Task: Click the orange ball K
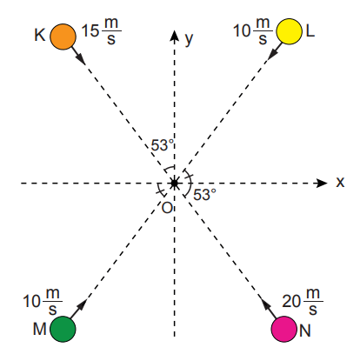pyautogui.click(x=63, y=37)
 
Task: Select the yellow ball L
pyautogui.click(x=289, y=31)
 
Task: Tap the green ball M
pyautogui.click(x=63, y=329)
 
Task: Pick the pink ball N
pyautogui.click(x=284, y=329)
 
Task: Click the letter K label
pyautogui.click(x=40, y=35)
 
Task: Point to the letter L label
pyautogui.click(x=310, y=30)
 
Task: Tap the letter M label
pyautogui.click(x=40, y=329)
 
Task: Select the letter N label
pyautogui.click(x=305, y=331)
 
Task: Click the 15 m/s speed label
pyautogui.click(x=101, y=31)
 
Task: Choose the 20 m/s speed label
pyautogui.click(x=303, y=301)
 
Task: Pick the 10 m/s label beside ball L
pyautogui.click(x=253, y=30)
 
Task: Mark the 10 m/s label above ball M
pyautogui.click(x=43, y=301)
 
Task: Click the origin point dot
pyautogui.click(x=174, y=183)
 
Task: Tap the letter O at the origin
pyautogui.click(x=167, y=208)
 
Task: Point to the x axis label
pyautogui.click(x=340, y=183)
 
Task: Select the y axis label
pyautogui.click(x=189, y=39)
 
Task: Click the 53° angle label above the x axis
pyautogui.click(x=163, y=145)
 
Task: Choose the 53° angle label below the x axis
pyautogui.click(x=205, y=195)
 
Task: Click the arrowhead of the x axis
pyautogui.click(x=322, y=183)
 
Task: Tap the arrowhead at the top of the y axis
pyautogui.click(x=174, y=36)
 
